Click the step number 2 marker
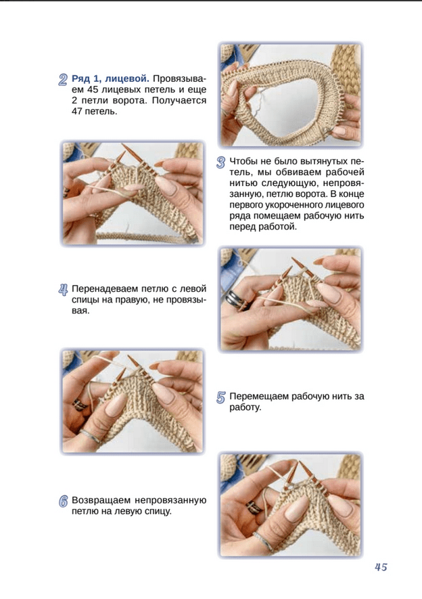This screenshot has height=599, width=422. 63,79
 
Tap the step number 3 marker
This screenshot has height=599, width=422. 220,162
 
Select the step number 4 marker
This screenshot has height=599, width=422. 63,290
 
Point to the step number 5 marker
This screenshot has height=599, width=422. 220,397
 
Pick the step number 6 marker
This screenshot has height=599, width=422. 64,502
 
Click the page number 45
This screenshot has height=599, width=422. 381,567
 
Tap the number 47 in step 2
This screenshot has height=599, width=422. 78,112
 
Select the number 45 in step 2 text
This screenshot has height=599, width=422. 93,90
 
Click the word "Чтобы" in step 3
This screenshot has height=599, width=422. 243,161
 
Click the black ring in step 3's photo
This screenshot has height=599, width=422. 233,299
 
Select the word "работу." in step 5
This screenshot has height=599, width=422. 245,407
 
